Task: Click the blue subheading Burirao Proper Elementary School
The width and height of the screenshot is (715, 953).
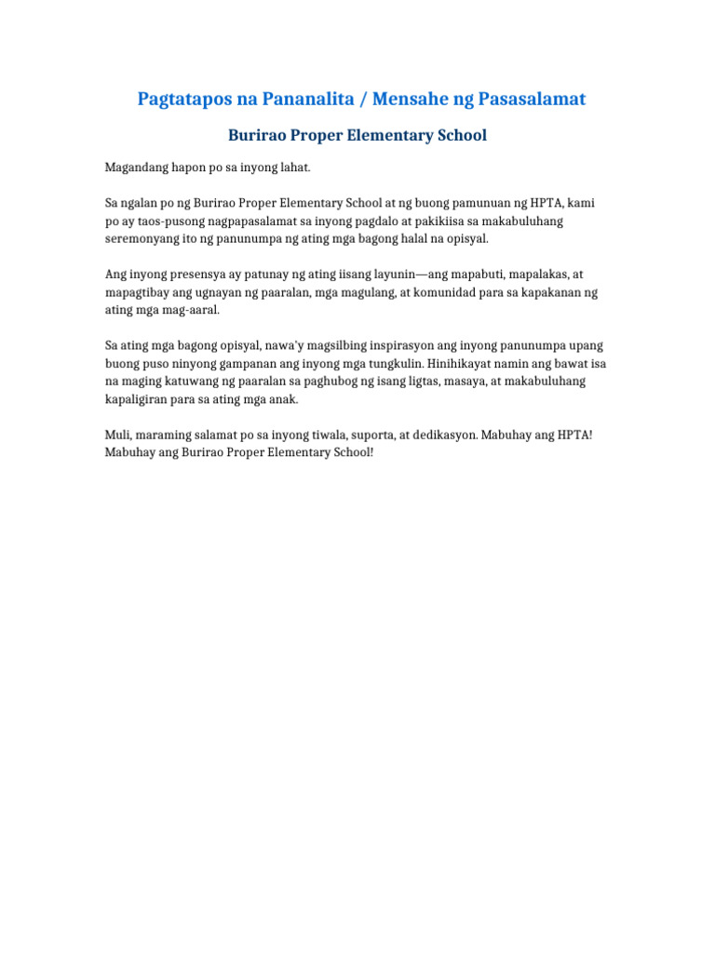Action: (357, 136)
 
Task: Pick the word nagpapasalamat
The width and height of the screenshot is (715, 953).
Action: (252, 221)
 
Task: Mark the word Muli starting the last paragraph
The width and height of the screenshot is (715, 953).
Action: (117, 435)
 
